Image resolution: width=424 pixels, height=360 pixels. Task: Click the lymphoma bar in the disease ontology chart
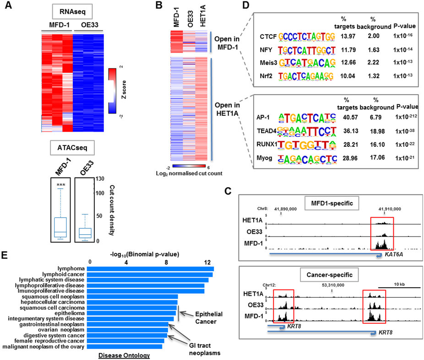[150, 269]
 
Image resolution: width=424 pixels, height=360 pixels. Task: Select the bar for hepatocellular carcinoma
[131, 303]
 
